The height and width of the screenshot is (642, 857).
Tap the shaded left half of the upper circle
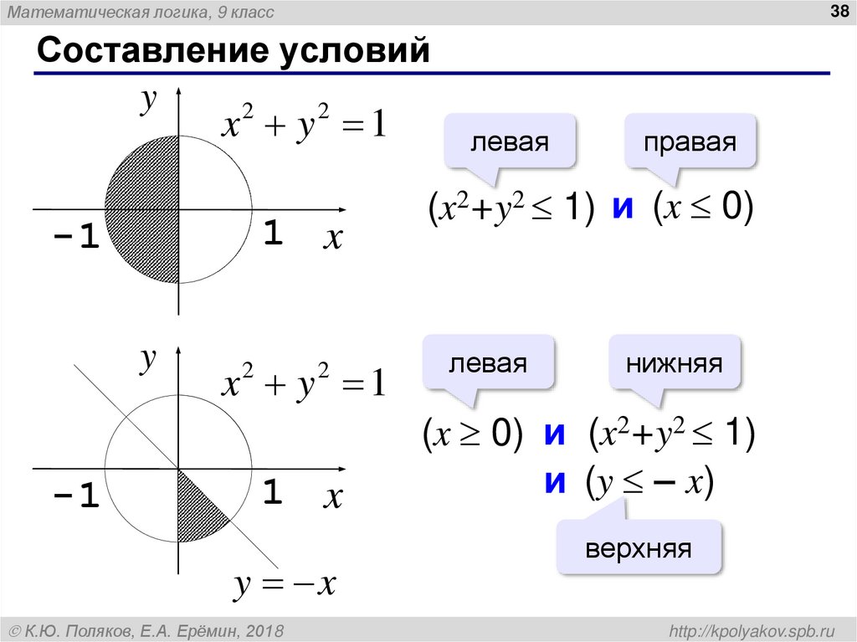142,209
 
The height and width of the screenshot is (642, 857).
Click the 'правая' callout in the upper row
690,141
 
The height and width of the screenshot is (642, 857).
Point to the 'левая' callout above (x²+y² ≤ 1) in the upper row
509,141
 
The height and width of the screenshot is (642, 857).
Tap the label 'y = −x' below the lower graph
284,584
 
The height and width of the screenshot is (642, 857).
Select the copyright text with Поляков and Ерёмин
147,629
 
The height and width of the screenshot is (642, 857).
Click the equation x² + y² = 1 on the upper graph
303,126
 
